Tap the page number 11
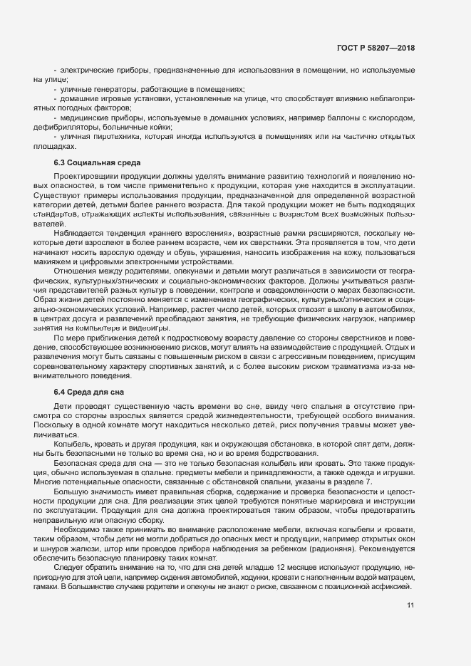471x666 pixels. click(x=410, y=605)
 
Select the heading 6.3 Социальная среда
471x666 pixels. click(x=97, y=163)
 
